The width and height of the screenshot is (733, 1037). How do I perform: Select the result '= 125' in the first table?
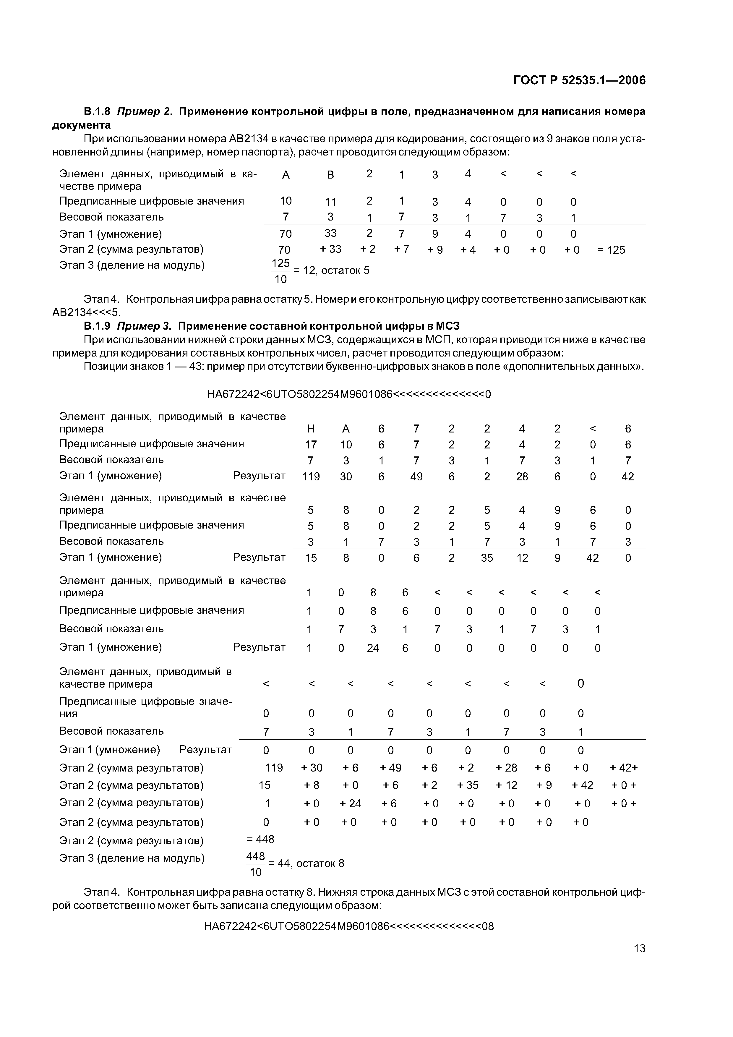pyautogui.click(x=611, y=250)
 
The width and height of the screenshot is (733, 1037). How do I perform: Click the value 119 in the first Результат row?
pyautogui.click(x=311, y=477)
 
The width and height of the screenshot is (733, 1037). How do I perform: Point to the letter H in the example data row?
pyautogui.click(x=311, y=429)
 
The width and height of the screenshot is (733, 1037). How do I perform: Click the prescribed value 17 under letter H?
pyautogui.click(x=311, y=444)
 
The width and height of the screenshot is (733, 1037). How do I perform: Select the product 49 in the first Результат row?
pyautogui.click(x=416, y=477)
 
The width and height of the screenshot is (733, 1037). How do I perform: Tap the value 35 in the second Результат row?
pyautogui.click(x=487, y=558)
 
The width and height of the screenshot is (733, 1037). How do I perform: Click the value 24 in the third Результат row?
pyautogui.click(x=373, y=648)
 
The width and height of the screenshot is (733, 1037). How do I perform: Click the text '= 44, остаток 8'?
pyautogui.click(x=306, y=863)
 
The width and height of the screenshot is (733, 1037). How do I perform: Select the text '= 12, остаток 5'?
pyautogui.click(x=332, y=270)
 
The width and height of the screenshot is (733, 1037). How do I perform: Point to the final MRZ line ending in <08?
pyautogui.click(x=349, y=926)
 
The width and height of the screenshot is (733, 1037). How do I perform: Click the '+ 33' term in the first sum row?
pyautogui.click(x=331, y=249)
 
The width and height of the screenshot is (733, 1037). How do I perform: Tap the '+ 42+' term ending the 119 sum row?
pyautogui.click(x=624, y=768)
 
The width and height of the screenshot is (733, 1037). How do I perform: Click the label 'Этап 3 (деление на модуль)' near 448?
pyautogui.click(x=132, y=858)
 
